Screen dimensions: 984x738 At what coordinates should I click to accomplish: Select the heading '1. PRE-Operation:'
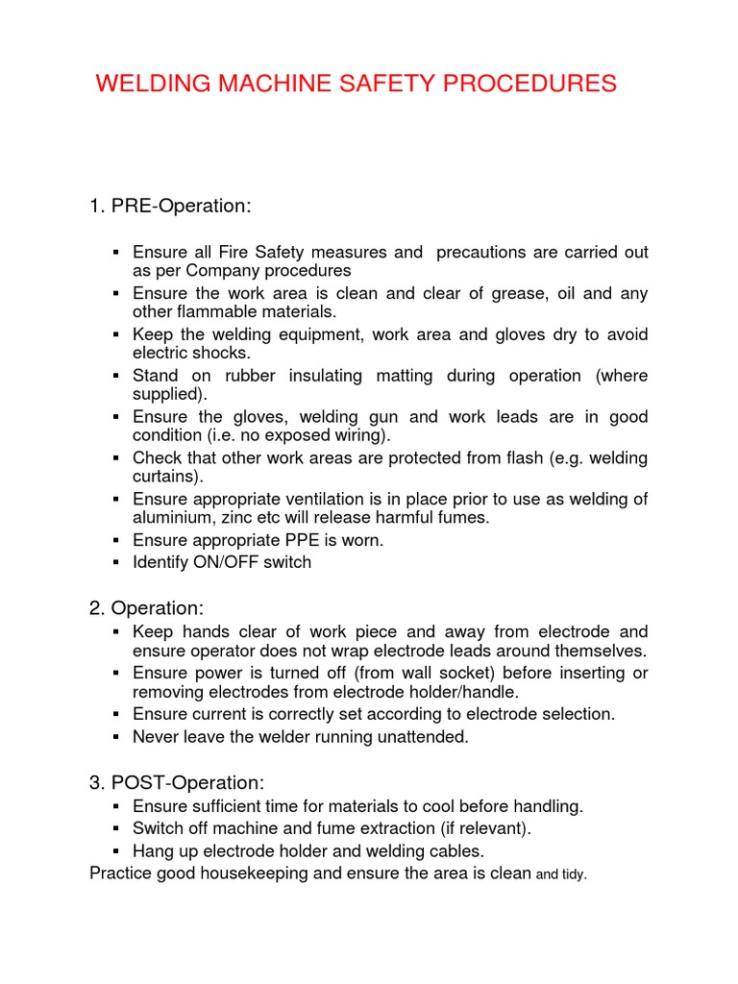pyautogui.click(x=169, y=206)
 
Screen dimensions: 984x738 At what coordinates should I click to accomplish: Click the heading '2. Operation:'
pyautogui.click(x=146, y=608)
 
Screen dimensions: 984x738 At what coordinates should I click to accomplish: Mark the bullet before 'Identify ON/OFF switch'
pyautogui.click(x=115, y=562)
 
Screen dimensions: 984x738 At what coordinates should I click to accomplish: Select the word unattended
pyautogui.click(x=425, y=737)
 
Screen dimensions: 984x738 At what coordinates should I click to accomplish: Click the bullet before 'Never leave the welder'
pyautogui.click(x=115, y=737)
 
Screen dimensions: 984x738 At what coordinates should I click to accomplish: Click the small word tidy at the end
pyautogui.click(x=574, y=875)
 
